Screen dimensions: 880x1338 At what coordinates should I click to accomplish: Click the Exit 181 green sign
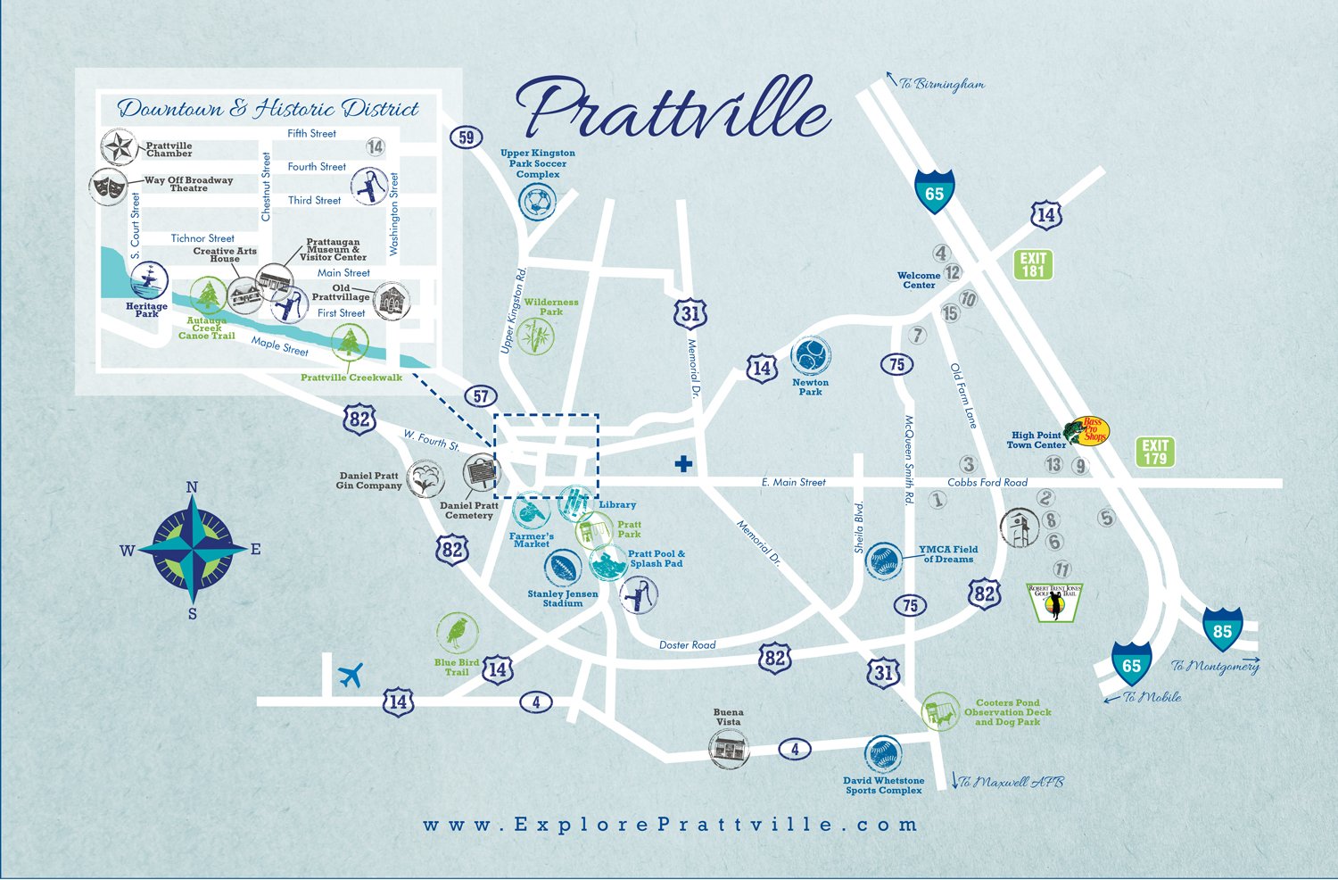(x=1033, y=264)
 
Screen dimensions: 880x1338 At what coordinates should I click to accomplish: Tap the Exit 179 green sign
(x=1155, y=452)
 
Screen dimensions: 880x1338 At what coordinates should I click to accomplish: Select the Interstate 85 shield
(x=1222, y=630)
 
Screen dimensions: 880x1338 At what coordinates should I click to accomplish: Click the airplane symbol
(x=351, y=676)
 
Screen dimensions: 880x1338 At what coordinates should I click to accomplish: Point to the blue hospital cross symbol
(x=683, y=463)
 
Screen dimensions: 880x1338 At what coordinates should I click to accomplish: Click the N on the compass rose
(x=192, y=487)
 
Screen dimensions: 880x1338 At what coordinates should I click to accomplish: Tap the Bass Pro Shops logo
(x=1088, y=430)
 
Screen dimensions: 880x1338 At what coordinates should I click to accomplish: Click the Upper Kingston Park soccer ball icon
(x=537, y=203)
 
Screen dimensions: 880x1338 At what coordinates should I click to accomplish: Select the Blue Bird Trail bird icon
(x=458, y=633)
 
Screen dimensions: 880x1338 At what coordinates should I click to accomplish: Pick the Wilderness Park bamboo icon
(x=535, y=336)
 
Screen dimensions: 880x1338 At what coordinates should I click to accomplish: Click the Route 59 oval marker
(x=467, y=137)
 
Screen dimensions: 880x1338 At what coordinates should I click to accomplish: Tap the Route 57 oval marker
(x=481, y=396)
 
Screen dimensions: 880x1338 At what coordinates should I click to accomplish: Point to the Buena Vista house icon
(x=729, y=748)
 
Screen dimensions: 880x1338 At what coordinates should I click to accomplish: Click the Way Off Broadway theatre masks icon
(x=109, y=186)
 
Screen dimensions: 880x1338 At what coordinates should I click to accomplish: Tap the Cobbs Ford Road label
(x=987, y=483)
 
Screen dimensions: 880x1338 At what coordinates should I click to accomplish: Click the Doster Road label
(x=688, y=644)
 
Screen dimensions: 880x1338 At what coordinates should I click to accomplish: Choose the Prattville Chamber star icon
(x=118, y=147)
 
